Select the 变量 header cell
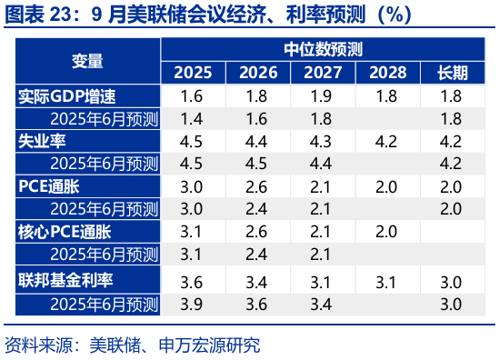[x=87, y=61]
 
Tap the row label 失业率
[x=43, y=141]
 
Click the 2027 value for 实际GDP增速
[x=322, y=95]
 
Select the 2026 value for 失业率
[x=256, y=141]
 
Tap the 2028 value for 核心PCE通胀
[x=387, y=230]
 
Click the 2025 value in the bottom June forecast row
[x=192, y=302]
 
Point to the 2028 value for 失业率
[x=387, y=141]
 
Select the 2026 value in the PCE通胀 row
[x=256, y=185]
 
